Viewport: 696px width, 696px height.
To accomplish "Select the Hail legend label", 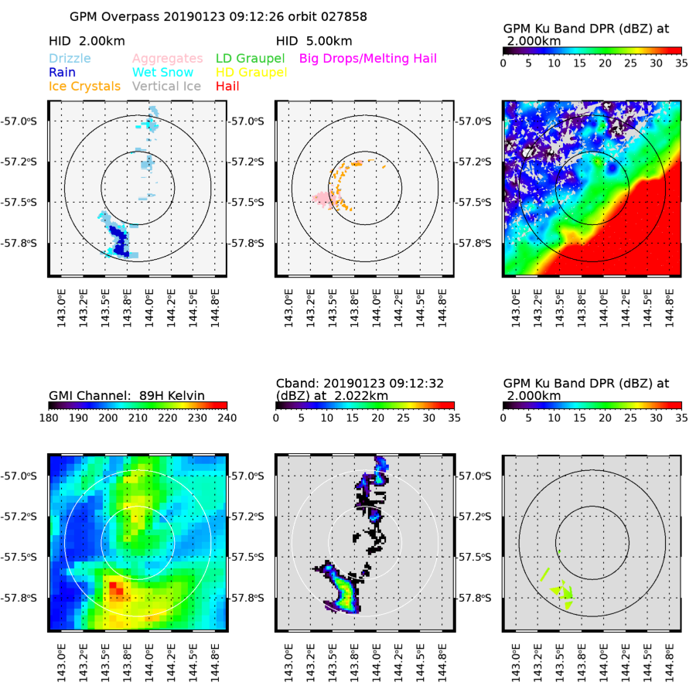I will (x=227, y=87).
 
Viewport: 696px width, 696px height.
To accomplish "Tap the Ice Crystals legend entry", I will (x=84, y=87).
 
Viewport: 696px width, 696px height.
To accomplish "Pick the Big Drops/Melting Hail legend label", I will (x=378, y=59).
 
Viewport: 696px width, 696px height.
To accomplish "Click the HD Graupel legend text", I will (x=251, y=73).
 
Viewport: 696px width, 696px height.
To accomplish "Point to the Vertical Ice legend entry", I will (x=167, y=87).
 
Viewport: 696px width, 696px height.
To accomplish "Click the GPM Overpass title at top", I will (x=218, y=16).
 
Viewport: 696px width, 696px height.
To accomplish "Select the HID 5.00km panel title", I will (x=314, y=40).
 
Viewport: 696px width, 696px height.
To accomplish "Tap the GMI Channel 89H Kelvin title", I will (x=126, y=395).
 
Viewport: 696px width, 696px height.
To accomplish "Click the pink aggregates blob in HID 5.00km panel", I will (x=322, y=199).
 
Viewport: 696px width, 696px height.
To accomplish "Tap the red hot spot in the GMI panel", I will (x=116, y=590).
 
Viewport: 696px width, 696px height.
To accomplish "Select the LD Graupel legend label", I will (x=250, y=59).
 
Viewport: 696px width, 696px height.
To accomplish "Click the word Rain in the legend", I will (x=63, y=73).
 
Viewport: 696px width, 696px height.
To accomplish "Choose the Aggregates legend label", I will (x=167, y=59).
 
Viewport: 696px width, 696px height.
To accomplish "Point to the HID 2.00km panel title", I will (x=87, y=40).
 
